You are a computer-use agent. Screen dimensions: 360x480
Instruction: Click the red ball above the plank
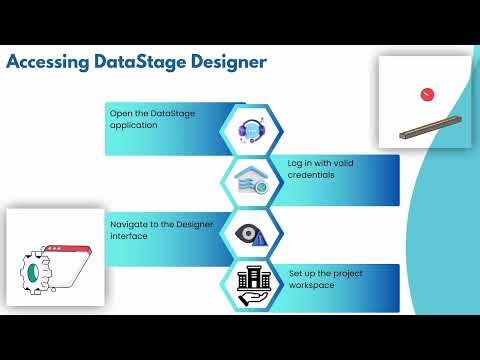[428, 94]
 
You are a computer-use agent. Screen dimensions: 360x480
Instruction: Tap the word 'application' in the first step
[133, 126]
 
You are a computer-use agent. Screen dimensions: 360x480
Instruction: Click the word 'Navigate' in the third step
[130, 223]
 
